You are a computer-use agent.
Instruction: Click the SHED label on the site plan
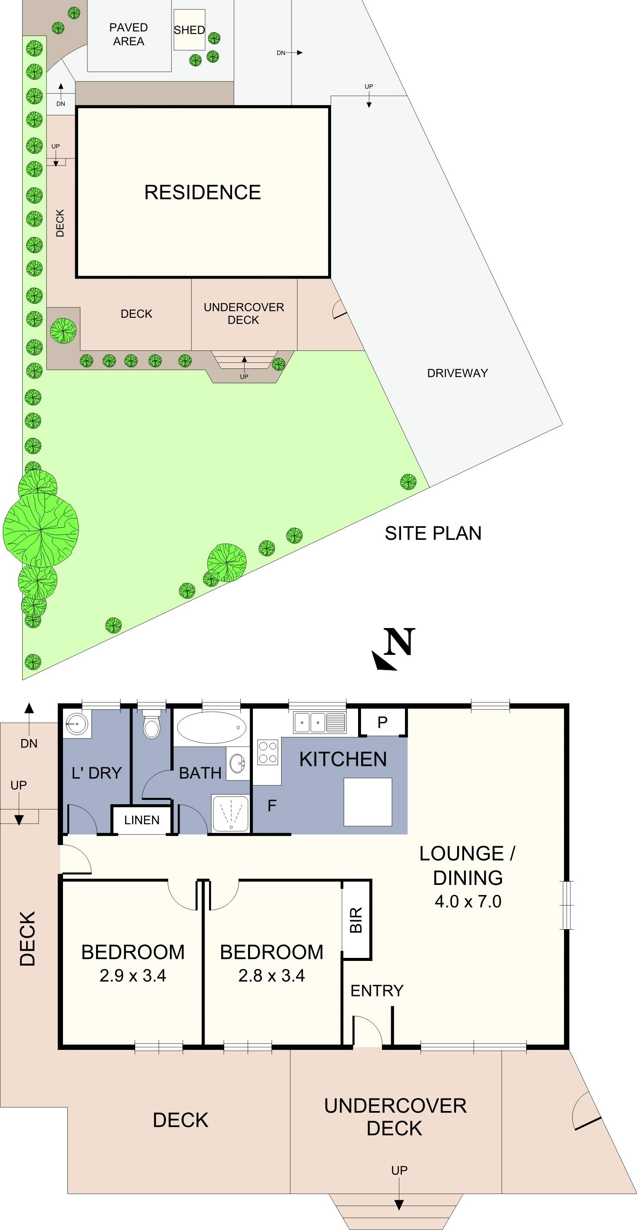189,30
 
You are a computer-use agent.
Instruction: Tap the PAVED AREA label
128,34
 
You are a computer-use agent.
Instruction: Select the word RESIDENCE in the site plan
202,192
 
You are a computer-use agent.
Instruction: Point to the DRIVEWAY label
457,373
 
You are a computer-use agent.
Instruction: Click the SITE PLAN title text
433,533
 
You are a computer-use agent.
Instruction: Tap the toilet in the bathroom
152,725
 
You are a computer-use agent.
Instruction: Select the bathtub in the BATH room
212,727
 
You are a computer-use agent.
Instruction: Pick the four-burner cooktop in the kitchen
268,752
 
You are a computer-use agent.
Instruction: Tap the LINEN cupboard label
142,820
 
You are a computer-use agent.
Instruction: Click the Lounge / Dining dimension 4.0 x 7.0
468,901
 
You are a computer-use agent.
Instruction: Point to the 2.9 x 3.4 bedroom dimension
133,976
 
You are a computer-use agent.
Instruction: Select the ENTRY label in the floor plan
377,991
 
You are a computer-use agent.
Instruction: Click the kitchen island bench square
368,802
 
